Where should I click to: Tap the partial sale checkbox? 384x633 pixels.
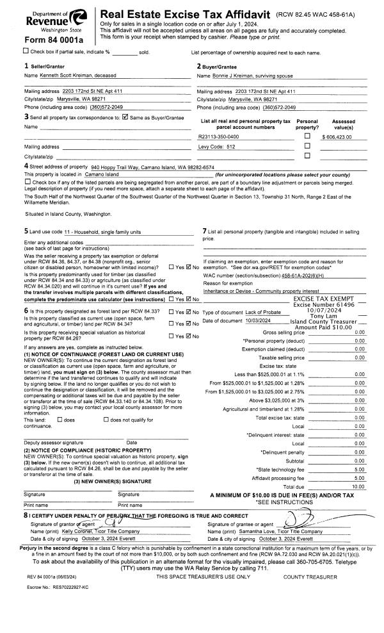point(7,51)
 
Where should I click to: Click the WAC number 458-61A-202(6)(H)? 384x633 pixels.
point(314,275)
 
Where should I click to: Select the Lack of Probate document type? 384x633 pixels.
point(264,311)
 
